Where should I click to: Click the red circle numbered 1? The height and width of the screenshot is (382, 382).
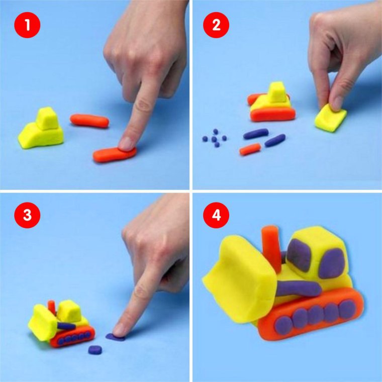point(27,25)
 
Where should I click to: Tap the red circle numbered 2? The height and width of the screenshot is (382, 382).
point(216,25)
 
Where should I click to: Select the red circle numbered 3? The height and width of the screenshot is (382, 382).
point(27,215)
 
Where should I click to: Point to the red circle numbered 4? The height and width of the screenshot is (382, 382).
point(216,215)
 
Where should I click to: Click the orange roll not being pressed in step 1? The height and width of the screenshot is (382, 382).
point(89,121)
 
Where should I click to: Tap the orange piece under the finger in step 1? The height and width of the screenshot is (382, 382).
point(114,154)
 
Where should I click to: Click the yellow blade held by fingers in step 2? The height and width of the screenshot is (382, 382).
point(330,118)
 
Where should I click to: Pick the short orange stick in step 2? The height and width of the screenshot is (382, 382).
point(250,149)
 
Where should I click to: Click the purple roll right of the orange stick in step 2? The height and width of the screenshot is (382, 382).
point(275,140)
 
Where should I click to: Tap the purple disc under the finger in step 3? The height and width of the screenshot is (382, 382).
point(115,337)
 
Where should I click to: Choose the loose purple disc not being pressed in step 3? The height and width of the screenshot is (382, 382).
point(95,350)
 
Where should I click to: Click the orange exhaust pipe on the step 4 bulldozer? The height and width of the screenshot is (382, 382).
point(271,248)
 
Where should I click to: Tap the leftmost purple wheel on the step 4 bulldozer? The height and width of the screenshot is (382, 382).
point(283,326)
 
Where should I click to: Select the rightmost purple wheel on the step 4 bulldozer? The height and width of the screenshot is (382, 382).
point(347,309)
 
